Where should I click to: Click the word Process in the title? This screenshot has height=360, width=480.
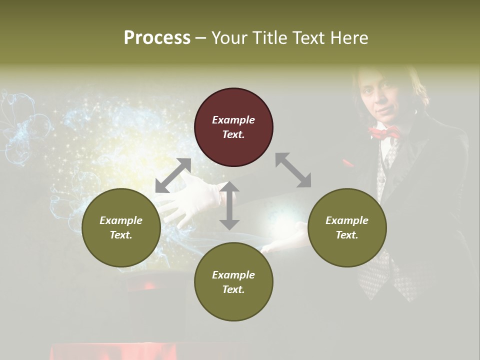coord(157,37)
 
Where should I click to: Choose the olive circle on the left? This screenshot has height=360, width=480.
coord(121,227)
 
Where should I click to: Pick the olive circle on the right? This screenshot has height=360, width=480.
coord(347,227)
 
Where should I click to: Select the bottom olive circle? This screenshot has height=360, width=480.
coord(233,282)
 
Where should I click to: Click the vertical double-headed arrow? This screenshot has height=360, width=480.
coord(229,206)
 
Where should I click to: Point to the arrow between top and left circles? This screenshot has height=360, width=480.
coord(173,175)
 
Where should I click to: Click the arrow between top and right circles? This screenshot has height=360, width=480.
coord(293,170)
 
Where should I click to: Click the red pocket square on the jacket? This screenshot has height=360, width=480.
coord(347,163)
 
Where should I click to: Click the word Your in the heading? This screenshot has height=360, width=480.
coord(228,37)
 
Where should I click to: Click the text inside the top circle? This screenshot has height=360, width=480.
coord(233,127)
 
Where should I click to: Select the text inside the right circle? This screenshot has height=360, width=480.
coord(347,227)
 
